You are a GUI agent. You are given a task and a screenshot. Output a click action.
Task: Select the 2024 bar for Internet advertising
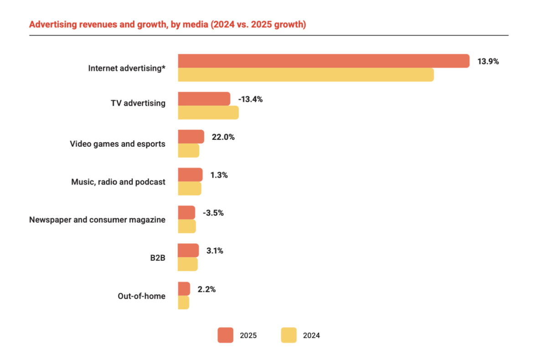coord(305,75)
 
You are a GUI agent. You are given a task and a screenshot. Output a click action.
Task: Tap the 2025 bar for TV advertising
coord(204,99)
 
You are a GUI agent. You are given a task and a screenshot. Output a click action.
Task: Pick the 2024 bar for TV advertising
coord(208,113)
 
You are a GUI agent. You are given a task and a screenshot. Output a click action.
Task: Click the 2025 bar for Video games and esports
coord(191,137)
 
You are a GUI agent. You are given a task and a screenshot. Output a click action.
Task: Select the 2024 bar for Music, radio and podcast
coord(189,189)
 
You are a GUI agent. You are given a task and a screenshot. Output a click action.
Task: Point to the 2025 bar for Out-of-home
coord(184,289)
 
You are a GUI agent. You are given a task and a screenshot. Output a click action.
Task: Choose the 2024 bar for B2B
coord(187,264)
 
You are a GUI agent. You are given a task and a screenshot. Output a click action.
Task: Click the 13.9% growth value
coord(488,62)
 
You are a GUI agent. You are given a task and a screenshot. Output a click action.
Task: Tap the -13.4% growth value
coord(250,99)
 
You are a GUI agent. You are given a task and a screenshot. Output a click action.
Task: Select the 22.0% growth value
coord(223,137)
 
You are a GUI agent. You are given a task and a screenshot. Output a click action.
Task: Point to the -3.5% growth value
coord(213,213)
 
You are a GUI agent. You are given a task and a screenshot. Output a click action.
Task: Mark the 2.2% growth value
coord(207,289)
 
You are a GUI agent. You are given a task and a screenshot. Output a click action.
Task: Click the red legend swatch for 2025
coord(225,335)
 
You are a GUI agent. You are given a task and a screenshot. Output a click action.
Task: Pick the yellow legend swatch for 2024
coord(289,335)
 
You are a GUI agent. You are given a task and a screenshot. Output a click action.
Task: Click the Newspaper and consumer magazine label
coord(97,220)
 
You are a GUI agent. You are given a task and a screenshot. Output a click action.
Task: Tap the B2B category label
coord(158,258)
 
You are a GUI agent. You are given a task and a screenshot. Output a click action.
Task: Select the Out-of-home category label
coord(141,296)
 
